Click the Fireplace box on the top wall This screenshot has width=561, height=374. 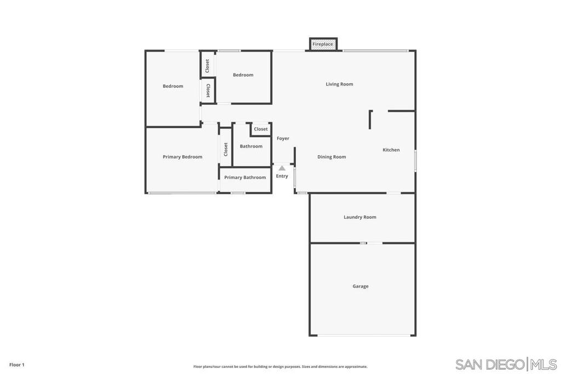323,44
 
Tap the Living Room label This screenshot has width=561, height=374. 339,84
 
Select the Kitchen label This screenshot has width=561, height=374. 391,150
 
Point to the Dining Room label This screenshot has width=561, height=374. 331,157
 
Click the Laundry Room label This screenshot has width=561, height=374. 360,217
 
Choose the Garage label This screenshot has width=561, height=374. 360,286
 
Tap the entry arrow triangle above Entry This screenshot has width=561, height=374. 282,168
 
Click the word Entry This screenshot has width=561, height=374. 282,176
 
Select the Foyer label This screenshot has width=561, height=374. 283,138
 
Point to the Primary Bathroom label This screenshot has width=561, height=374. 245,177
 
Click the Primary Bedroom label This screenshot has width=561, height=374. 182,157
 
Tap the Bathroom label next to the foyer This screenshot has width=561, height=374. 251,146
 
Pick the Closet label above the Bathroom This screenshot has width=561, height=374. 261,129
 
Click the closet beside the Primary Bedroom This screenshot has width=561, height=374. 226,149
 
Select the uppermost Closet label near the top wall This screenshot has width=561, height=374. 208,66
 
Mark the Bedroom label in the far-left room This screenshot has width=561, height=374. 173,86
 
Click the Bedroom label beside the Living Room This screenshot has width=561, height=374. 243,75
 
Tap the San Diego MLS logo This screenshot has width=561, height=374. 506,364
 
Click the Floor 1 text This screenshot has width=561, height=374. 16,365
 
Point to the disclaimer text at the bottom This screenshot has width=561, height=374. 280,366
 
